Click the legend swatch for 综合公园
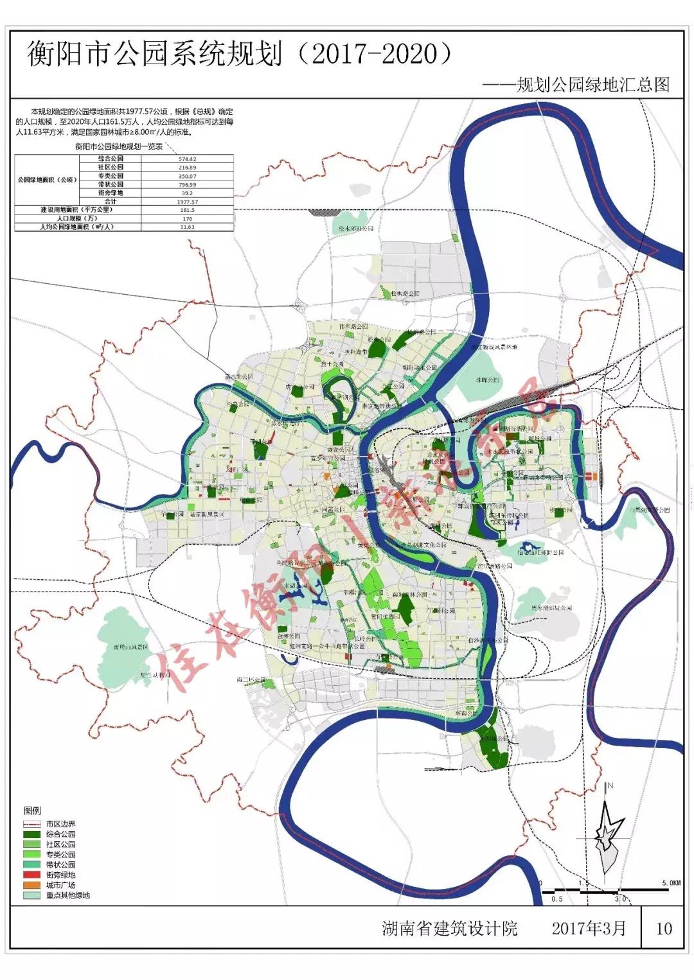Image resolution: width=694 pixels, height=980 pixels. point(33,834)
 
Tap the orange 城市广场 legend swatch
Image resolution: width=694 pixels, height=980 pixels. point(33,885)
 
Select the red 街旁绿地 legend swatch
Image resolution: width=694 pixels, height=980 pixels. point(33,875)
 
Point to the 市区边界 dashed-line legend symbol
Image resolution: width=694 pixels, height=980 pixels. point(33,823)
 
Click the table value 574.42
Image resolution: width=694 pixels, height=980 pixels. point(187,159)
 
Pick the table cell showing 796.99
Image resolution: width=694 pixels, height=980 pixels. point(187,184)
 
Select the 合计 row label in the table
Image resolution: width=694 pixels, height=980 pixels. point(111,201)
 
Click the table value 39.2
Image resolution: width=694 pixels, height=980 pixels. point(187,193)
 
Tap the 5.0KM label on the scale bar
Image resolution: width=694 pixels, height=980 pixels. point(670,883)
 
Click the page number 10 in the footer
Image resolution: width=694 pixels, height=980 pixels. point(664,928)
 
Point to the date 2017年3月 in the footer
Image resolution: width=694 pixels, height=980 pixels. point(588,928)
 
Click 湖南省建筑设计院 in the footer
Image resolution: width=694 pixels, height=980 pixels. point(449,928)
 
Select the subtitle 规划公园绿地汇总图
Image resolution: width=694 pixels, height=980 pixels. point(594,85)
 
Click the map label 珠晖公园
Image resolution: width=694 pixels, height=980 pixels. point(487,380)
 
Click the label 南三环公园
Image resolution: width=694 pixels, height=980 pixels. point(251,679)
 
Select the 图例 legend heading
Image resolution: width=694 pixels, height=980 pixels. point(32,810)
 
